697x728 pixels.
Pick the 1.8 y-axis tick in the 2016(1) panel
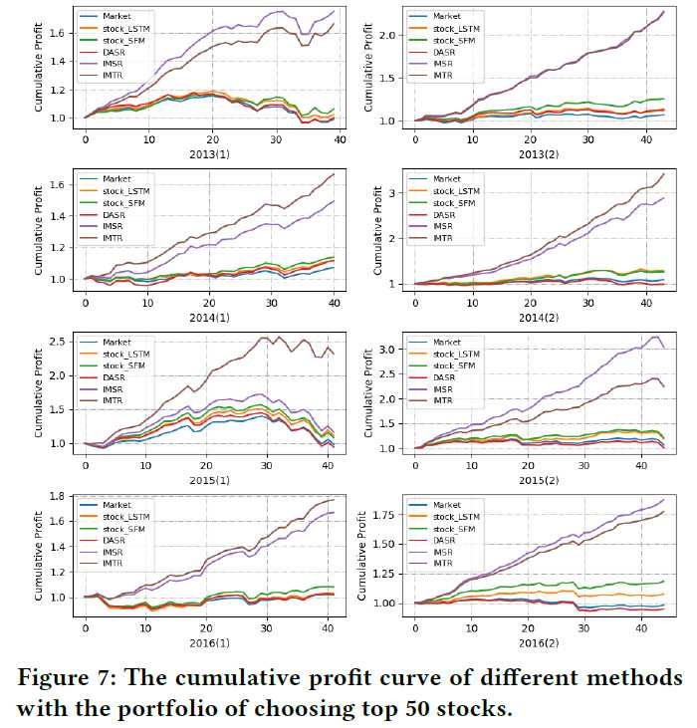click(59, 496)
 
